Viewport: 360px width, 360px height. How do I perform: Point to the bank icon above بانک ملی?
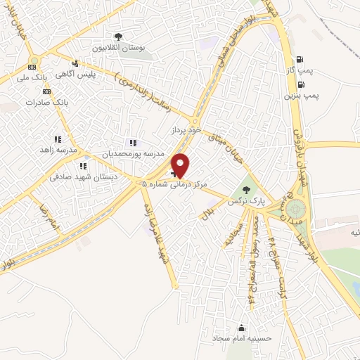click(32, 66)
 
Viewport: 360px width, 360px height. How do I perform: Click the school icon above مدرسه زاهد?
click(57, 139)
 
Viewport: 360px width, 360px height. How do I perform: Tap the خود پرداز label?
click(186, 131)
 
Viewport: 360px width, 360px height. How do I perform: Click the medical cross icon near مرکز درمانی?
click(174, 172)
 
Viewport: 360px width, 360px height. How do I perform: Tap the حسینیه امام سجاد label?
click(242, 338)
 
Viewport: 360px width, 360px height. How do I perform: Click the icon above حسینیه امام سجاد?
click(242, 328)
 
